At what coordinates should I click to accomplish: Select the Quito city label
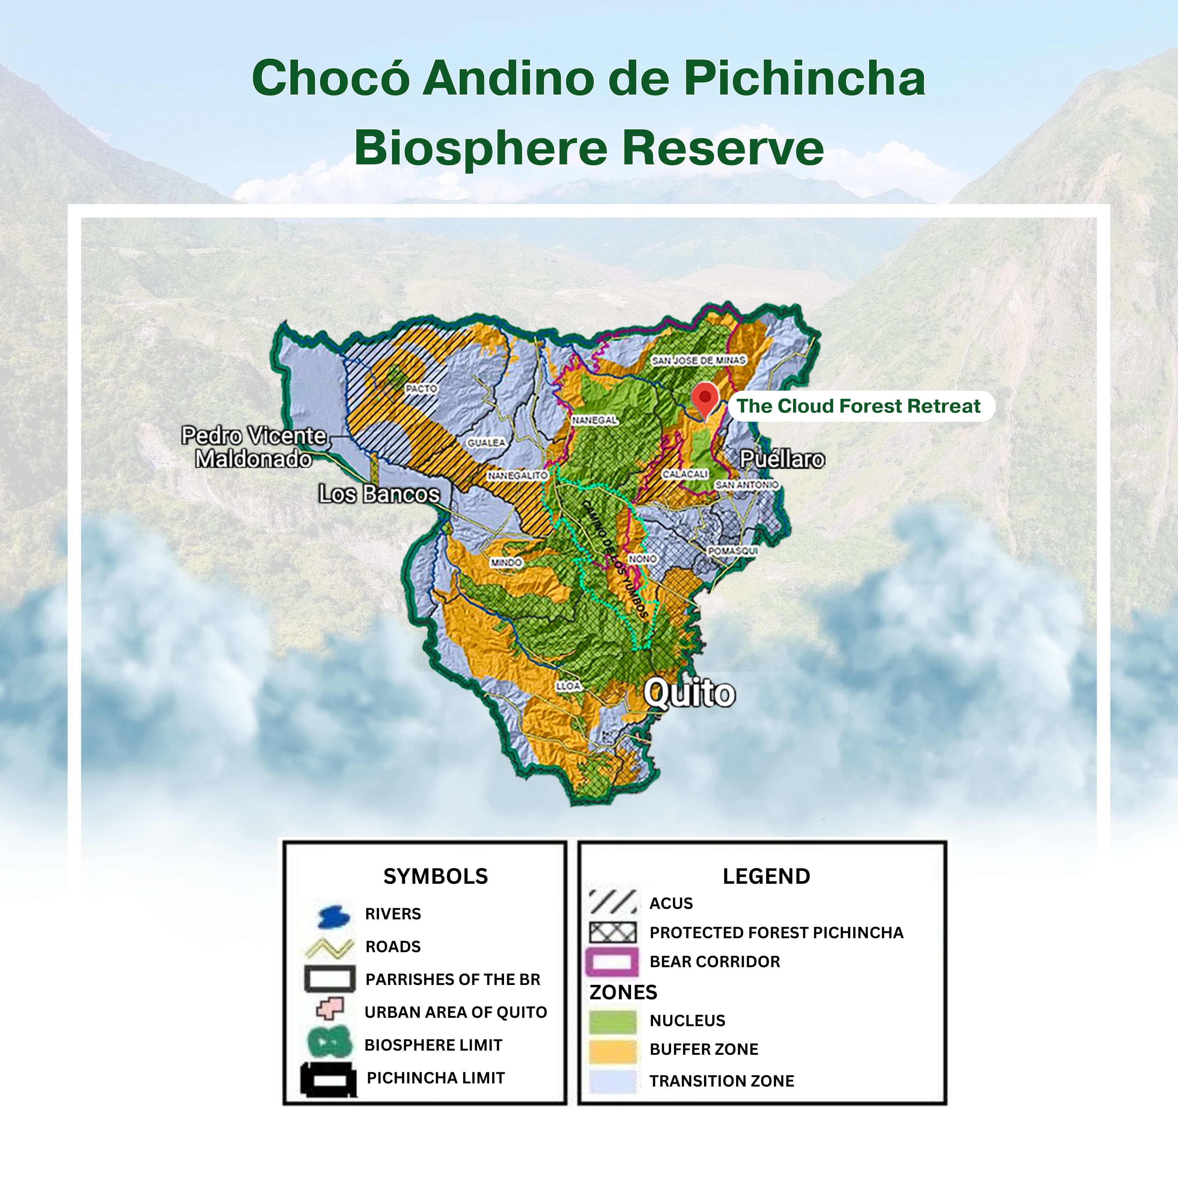pos(690,693)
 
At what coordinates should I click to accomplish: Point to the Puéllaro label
pos(782,459)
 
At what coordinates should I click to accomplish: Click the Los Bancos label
pos(379,493)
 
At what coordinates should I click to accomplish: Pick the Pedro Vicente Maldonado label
pos(254,447)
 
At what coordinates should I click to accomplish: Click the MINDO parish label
pos(506,562)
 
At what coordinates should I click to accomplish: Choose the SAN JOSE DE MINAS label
pos(699,360)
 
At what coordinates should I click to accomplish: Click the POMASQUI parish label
pos(733,550)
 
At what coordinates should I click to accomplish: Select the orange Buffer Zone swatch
pos(613,1050)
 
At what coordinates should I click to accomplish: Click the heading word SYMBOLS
pos(435,876)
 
